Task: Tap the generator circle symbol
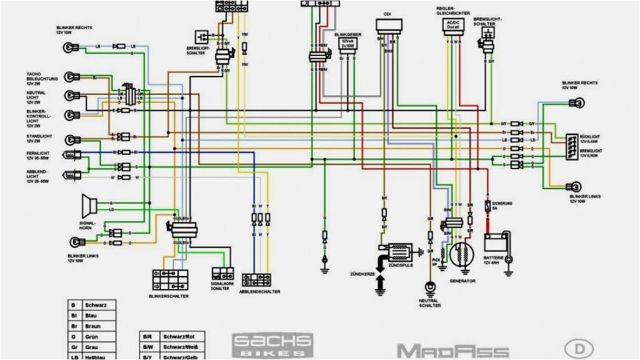(462, 256)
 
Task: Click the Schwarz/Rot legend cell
(175, 337)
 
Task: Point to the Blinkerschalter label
(169, 296)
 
